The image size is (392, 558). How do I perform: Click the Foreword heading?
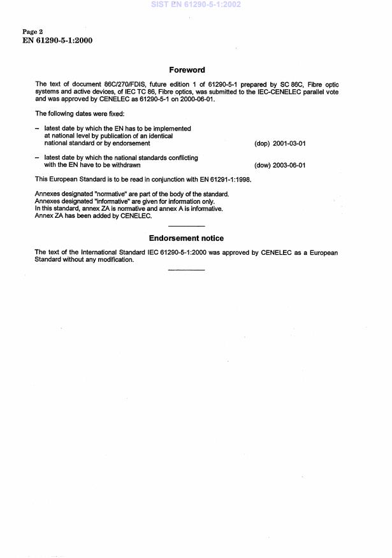point(186,70)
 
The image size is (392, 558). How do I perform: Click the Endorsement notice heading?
point(186,238)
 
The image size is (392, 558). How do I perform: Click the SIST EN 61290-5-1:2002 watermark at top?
point(196,4)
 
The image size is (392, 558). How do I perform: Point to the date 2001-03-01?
point(289,143)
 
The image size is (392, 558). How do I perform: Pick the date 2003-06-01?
point(289,165)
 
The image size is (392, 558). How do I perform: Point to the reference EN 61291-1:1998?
point(224,180)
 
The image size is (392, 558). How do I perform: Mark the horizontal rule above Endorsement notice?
point(186,227)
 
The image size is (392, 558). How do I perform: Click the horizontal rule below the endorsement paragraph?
point(186,270)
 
